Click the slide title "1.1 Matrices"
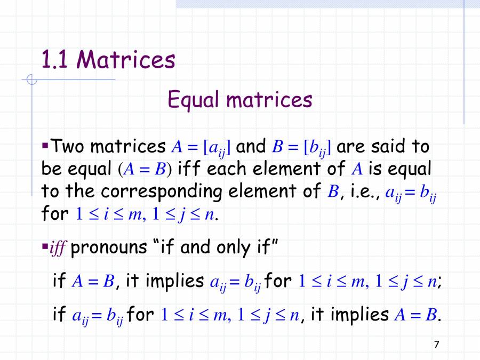coord(108,60)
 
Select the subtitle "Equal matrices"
coord(239,100)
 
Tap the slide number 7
coord(437,345)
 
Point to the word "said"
coord(389,146)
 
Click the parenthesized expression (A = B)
coord(144,170)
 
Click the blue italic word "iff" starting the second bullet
coord(57,249)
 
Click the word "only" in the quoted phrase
coord(239,247)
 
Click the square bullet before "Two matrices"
coord(45,145)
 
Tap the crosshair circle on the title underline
coord(32,81)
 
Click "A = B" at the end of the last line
coord(415,315)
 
